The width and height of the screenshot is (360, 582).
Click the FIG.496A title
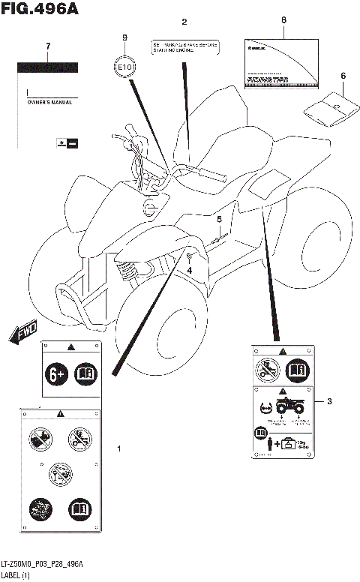click(40, 10)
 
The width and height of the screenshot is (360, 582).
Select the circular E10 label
click(125, 67)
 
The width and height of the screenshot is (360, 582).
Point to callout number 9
click(125, 38)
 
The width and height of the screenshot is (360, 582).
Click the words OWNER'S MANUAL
click(49, 101)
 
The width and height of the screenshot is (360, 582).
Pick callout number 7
click(48, 46)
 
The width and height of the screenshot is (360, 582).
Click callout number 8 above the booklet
click(283, 22)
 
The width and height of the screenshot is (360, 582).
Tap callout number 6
click(343, 76)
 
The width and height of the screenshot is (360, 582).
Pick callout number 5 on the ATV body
click(220, 219)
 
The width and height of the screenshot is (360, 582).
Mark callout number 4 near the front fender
click(190, 269)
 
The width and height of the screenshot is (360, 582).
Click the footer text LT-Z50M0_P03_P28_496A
click(42, 564)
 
